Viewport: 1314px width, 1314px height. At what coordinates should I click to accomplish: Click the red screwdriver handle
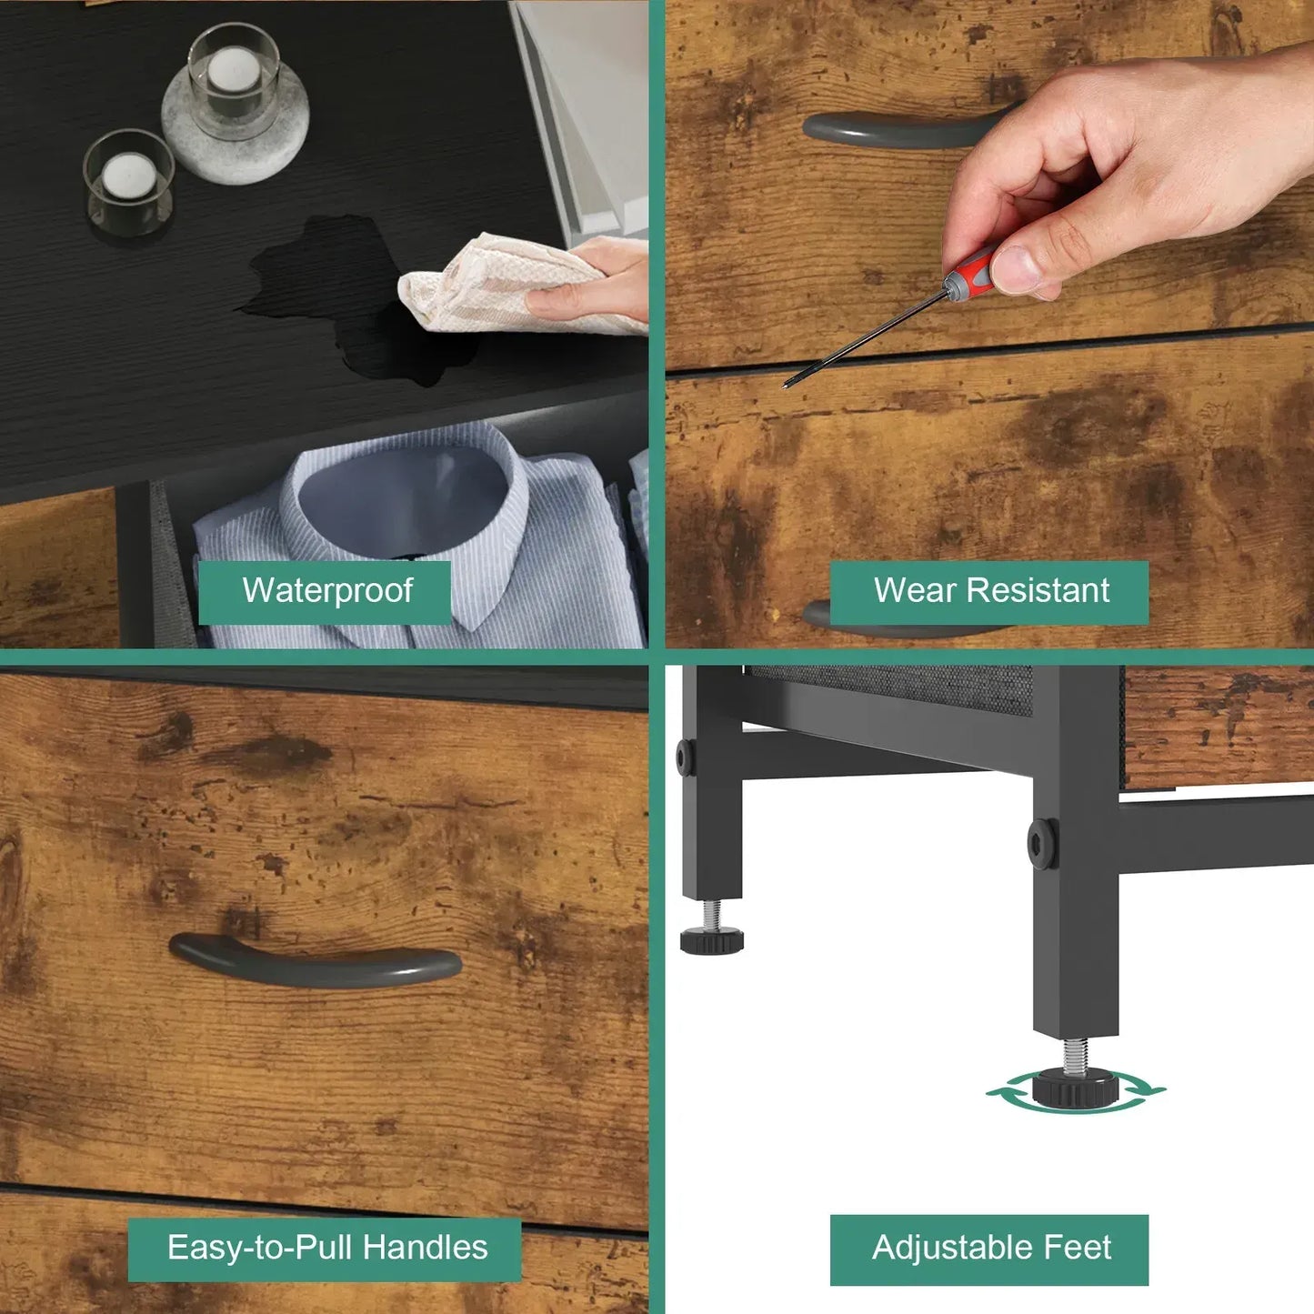click(x=972, y=270)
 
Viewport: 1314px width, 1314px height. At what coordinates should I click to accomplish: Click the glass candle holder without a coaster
click(x=128, y=183)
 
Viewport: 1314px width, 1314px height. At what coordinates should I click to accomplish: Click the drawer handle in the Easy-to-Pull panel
click(x=315, y=961)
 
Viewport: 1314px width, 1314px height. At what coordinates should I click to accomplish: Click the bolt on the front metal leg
click(x=1043, y=844)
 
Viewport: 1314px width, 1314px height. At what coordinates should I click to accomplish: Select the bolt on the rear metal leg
click(x=686, y=757)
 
